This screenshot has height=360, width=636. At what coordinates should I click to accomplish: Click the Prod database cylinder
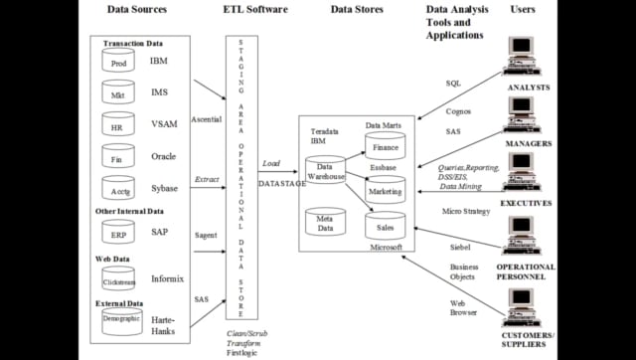118,62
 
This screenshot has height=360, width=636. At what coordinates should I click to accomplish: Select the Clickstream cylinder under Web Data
118,269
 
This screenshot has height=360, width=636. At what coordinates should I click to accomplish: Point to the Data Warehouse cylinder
325,171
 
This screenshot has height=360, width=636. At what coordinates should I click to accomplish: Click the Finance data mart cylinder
385,146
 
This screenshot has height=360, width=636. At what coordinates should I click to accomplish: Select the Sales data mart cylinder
385,227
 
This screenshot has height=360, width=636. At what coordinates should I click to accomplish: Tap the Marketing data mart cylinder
385,189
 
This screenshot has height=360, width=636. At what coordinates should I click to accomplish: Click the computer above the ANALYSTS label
527,61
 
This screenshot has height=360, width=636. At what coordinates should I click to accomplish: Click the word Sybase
165,186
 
